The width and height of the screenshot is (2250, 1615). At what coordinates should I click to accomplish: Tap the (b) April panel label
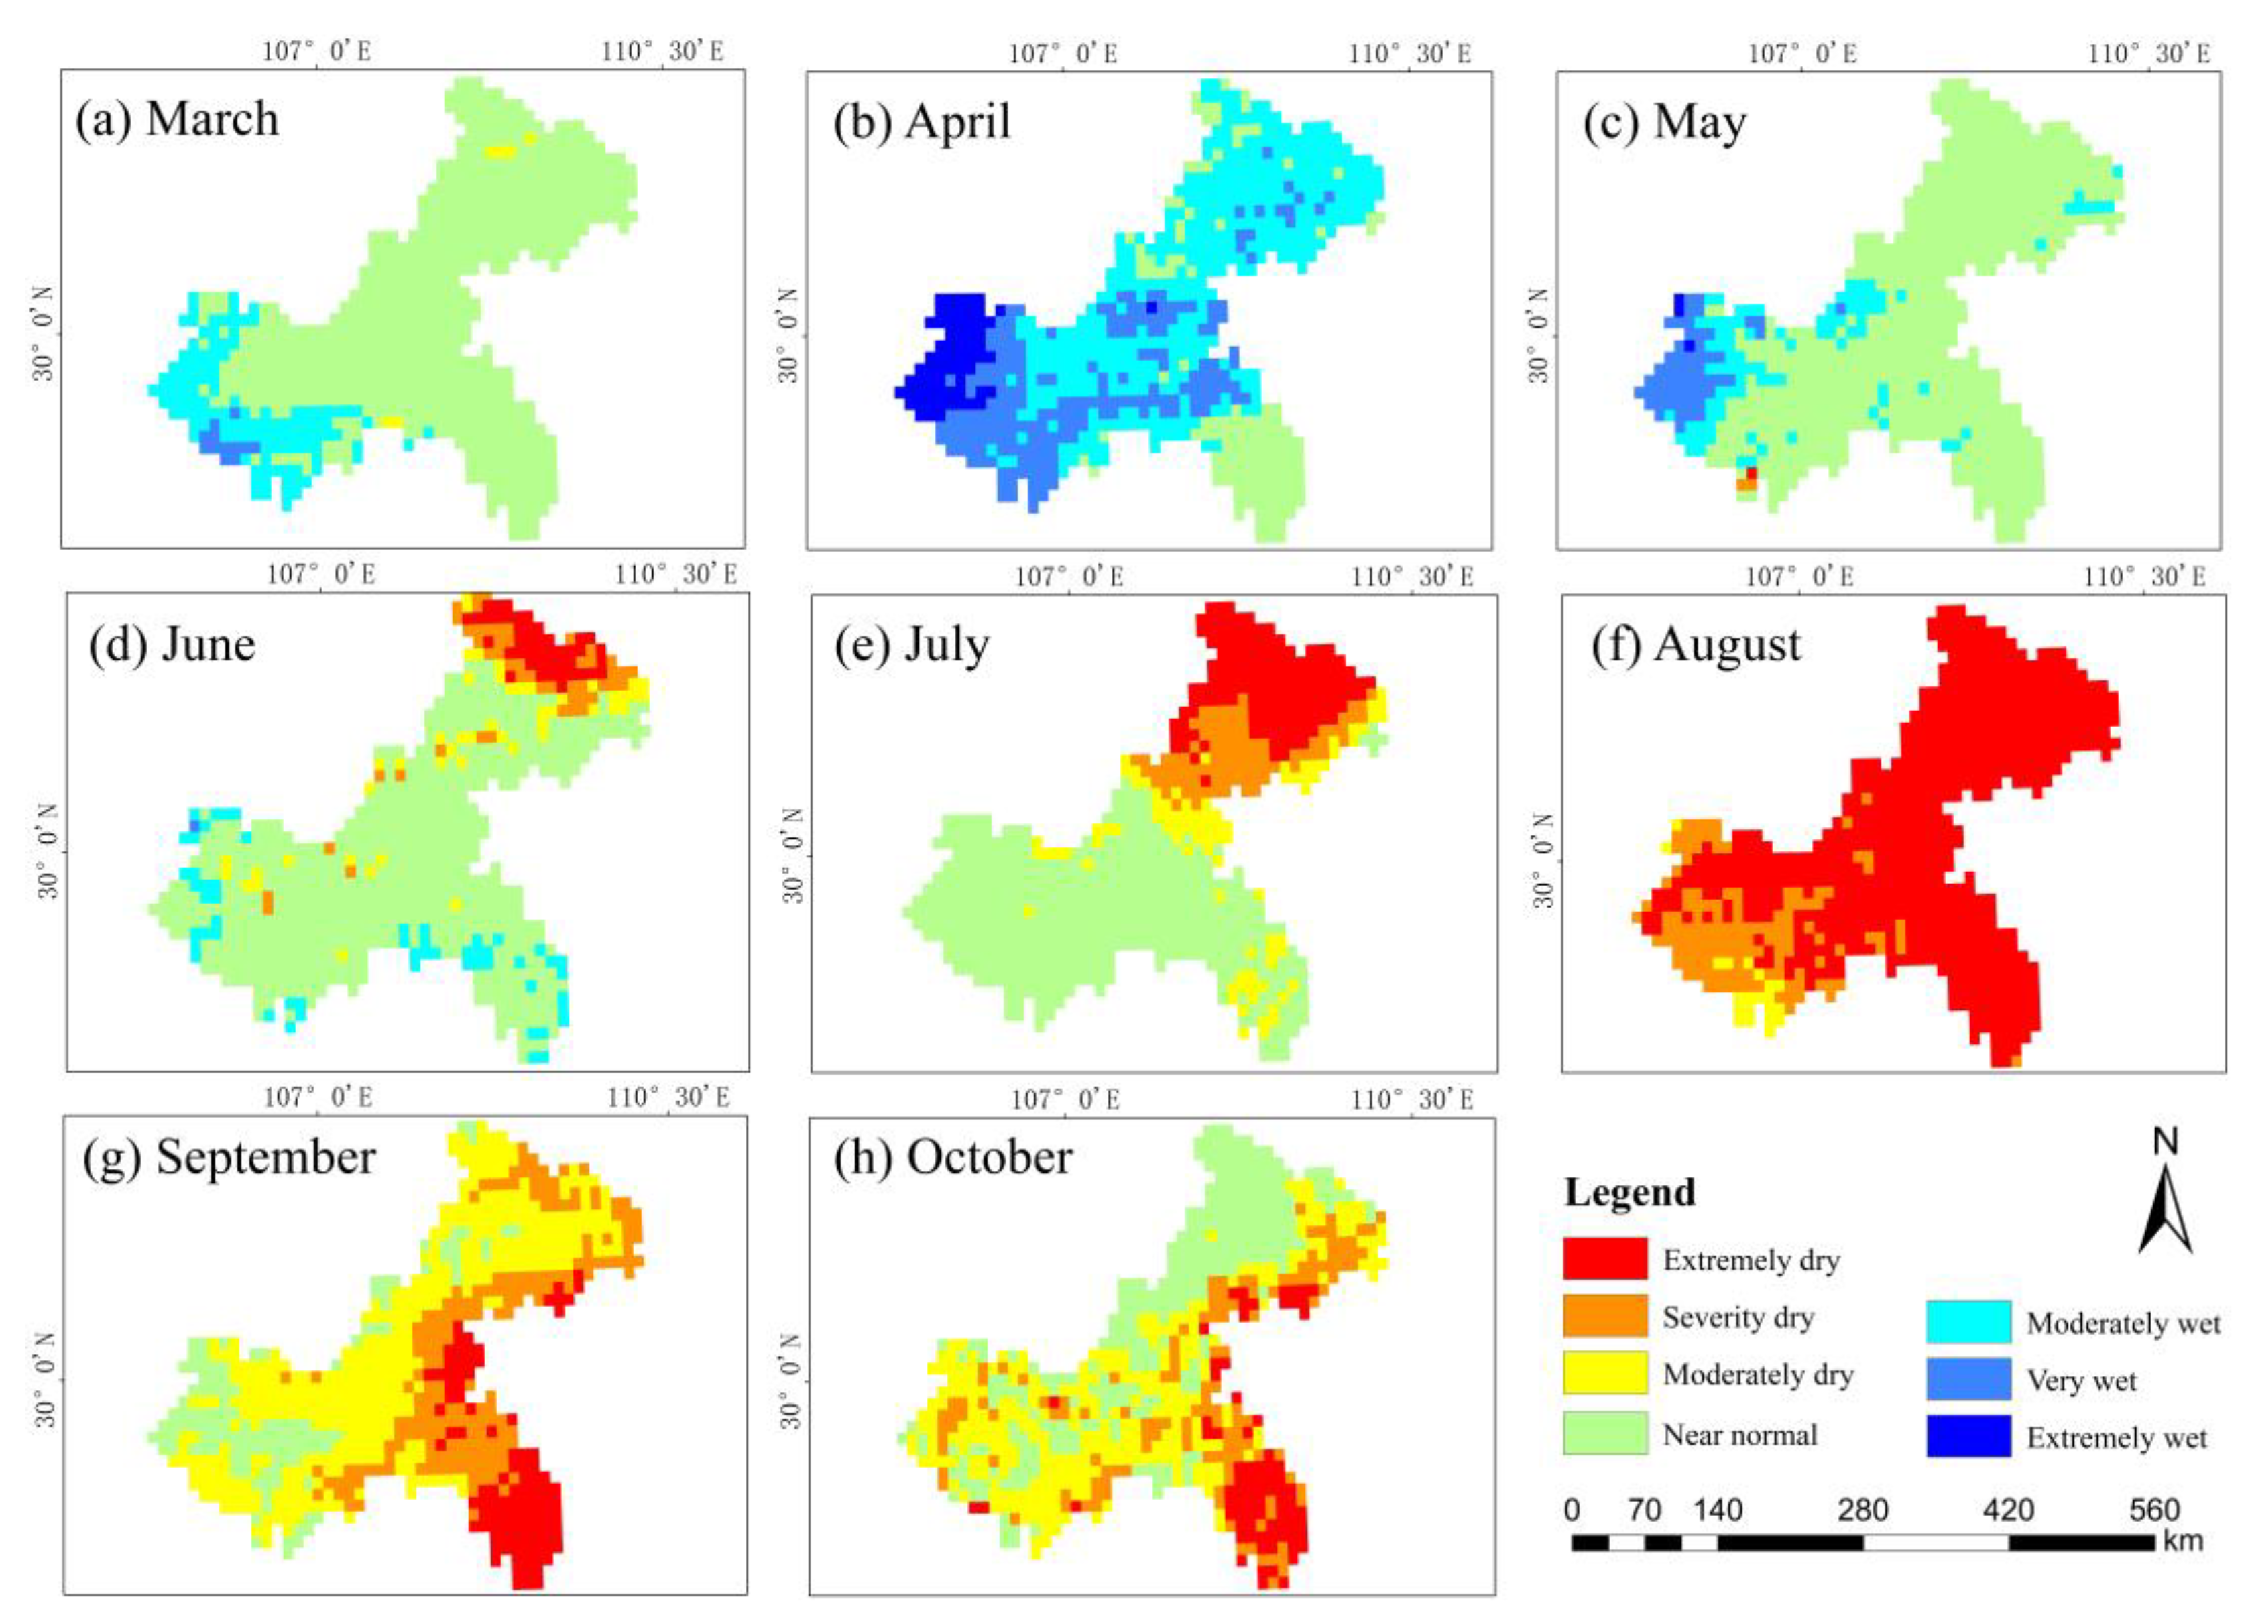pos(922,122)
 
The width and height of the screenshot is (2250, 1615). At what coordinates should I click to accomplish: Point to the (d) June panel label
pos(172,645)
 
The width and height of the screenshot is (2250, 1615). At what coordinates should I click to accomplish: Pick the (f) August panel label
pos(1696,645)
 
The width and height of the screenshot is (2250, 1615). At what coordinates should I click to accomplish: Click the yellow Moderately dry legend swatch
pos(1604,1373)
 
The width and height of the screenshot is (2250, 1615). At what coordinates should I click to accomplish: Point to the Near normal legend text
pos(1740,1435)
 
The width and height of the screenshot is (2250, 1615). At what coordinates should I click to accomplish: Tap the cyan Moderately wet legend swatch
pos(1968,1321)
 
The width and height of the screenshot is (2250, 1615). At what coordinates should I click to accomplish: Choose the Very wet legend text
pos(2081,1380)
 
